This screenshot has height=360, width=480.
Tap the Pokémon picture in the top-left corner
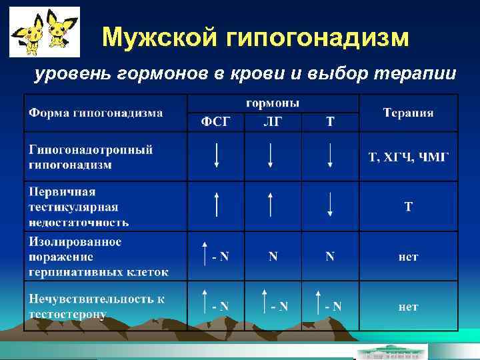pyautogui.click(x=44, y=32)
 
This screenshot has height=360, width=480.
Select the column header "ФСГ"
pyautogui.click(x=216, y=123)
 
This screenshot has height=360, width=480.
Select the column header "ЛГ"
pyautogui.click(x=273, y=123)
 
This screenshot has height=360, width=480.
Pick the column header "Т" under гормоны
pyautogui.click(x=330, y=123)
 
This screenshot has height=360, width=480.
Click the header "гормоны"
pyautogui.click(x=273, y=103)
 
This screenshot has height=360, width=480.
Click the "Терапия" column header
pyautogui.click(x=408, y=113)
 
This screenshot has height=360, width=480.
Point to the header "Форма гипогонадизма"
pyautogui.click(x=95, y=113)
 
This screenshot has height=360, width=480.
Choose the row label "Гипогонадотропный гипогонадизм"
pyautogui.click(x=91, y=156)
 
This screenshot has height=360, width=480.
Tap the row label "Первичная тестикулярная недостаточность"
pyautogui.click(x=79, y=207)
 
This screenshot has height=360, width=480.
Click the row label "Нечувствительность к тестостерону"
pyautogui.click(x=96, y=307)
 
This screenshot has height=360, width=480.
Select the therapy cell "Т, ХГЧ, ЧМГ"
pyautogui.click(x=409, y=157)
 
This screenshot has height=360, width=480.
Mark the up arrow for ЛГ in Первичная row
pyautogui.click(x=271, y=204)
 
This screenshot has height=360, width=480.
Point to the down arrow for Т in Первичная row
pyautogui.click(x=330, y=204)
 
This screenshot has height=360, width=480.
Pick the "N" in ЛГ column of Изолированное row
pyautogui.click(x=273, y=256)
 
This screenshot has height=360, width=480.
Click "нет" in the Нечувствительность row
pyautogui.click(x=408, y=307)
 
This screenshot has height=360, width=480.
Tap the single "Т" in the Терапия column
pyautogui.click(x=409, y=207)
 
